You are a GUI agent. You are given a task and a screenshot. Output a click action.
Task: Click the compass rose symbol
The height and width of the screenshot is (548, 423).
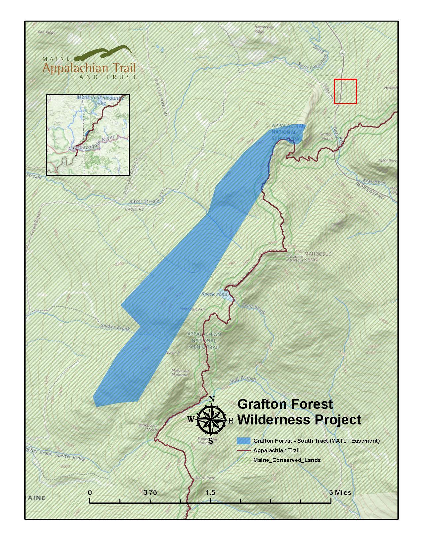pyautogui.click(x=211, y=420)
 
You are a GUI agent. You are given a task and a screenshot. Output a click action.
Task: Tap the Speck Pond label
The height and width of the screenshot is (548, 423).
pyautogui.click(x=215, y=294)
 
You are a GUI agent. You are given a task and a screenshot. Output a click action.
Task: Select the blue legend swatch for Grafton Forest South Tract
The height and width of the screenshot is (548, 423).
pyautogui.click(x=244, y=441)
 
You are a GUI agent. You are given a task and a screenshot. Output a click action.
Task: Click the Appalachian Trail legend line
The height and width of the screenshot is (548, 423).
pyautogui.click(x=244, y=451)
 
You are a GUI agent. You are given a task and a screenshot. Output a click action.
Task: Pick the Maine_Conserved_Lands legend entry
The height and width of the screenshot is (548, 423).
pyautogui.click(x=287, y=460)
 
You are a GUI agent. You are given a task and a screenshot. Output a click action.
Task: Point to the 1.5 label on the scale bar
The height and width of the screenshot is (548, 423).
pyautogui.click(x=210, y=492)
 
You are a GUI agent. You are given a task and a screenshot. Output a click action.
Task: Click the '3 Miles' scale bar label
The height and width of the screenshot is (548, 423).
pyautogui.click(x=340, y=492)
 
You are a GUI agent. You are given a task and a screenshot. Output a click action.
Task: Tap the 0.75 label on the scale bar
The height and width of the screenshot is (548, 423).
pyautogui.click(x=150, y=492)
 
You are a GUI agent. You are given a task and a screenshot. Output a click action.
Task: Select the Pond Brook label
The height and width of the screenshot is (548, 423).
pyautogui.click(x=253, y=309)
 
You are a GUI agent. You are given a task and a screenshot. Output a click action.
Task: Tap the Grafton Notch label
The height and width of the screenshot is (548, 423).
pyautogui.click(x=326, y=137)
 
